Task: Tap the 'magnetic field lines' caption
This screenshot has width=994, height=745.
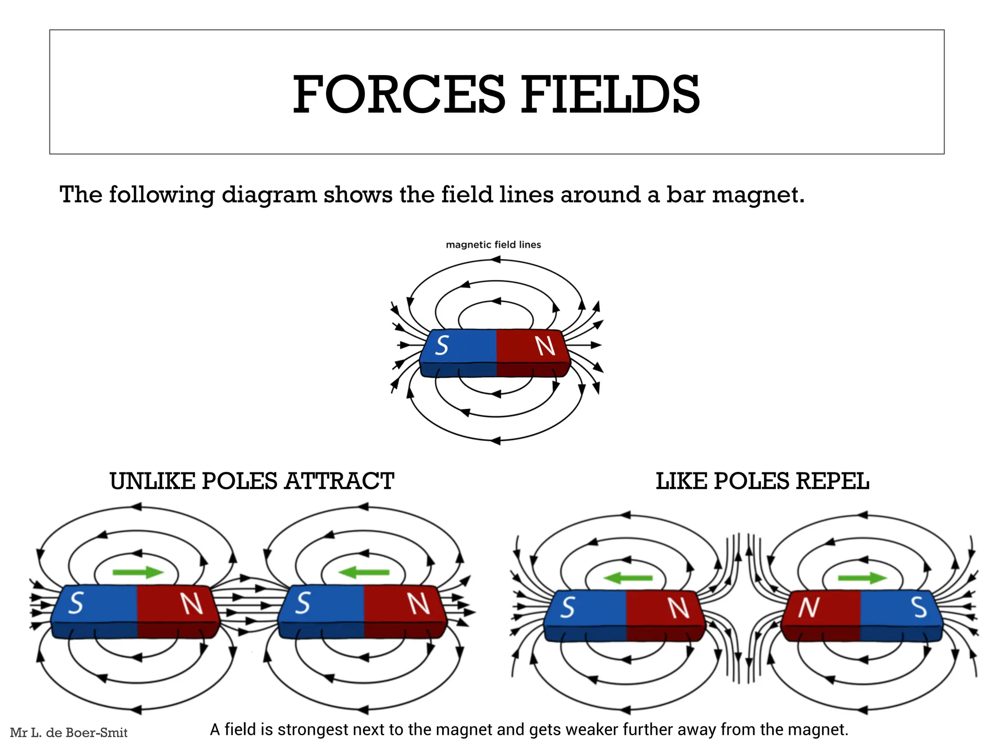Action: click(x=493, y=245)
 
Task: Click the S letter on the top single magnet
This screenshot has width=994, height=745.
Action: click(x=442, y=346)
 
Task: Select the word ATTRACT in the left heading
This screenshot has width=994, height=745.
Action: click(x=339, y=482)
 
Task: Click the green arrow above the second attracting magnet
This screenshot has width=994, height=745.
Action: click(x=364, y=573)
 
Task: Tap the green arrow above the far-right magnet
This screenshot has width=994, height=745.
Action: click(x=862, y=578)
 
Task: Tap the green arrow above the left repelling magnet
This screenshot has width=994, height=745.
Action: click(x=628, y=578)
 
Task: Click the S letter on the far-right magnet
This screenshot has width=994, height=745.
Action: click(x=919, y=607)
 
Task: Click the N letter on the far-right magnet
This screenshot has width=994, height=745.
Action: click(x=809, y=607)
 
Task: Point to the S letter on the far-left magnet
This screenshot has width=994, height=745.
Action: click(x=76, y=604)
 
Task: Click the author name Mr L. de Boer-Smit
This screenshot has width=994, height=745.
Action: click(x=68, y=732)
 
